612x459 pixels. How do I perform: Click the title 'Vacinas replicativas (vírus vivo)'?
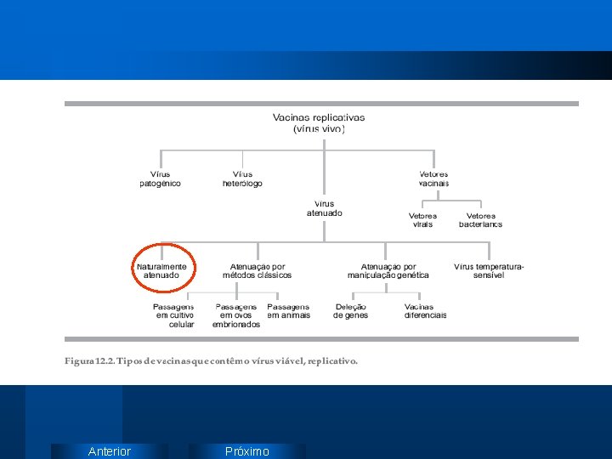319,123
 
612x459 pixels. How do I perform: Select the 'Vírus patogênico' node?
160,178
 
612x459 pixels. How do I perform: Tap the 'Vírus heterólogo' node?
242,178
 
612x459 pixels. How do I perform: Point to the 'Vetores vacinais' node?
433,178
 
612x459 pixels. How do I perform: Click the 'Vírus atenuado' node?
325,208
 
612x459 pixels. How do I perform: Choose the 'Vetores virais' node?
422,220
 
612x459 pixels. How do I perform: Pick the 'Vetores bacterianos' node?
480,220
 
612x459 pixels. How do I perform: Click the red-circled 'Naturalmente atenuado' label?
161,271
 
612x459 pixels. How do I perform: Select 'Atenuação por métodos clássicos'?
257,271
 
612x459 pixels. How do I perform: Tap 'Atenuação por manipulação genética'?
388,271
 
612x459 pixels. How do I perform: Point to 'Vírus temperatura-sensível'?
489,271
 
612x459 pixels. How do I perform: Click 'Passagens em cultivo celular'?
174,315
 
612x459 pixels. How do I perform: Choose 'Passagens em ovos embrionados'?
236,315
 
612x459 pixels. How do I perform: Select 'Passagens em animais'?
288,311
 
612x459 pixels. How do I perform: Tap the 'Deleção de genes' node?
350,311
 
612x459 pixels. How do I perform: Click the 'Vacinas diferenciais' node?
425,311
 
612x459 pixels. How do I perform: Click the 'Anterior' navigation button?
110,451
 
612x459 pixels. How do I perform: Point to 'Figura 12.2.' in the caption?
89,361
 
